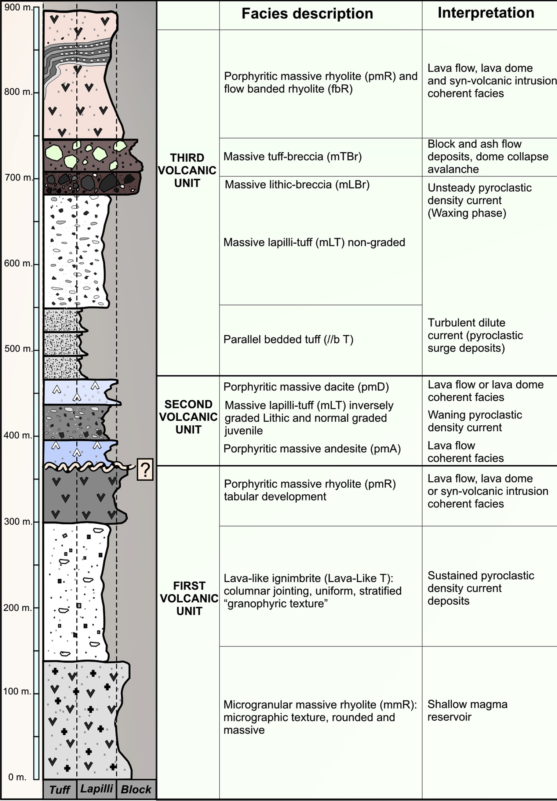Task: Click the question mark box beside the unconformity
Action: point(145,469)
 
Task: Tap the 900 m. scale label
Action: point(18,7)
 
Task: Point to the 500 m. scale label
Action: point(18,349)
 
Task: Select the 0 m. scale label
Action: point(17,777)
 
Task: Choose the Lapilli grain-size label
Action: point(97,789)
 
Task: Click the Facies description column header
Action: point(307,14)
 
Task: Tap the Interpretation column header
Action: point(485,13)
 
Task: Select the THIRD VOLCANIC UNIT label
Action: point(187,170)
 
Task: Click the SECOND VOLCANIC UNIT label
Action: point(188,417)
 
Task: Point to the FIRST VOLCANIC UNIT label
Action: point(189,598)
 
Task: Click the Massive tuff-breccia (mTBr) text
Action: point(292,157)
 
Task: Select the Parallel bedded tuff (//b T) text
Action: point(288,339)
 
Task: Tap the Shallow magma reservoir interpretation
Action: point(467,710)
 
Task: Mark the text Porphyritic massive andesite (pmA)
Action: point(312,449)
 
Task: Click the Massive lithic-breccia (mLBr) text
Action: point(297,184)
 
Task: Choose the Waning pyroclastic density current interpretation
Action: point(474,421)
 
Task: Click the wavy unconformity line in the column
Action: point(88,467)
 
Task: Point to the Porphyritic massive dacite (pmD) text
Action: point(306,387)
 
